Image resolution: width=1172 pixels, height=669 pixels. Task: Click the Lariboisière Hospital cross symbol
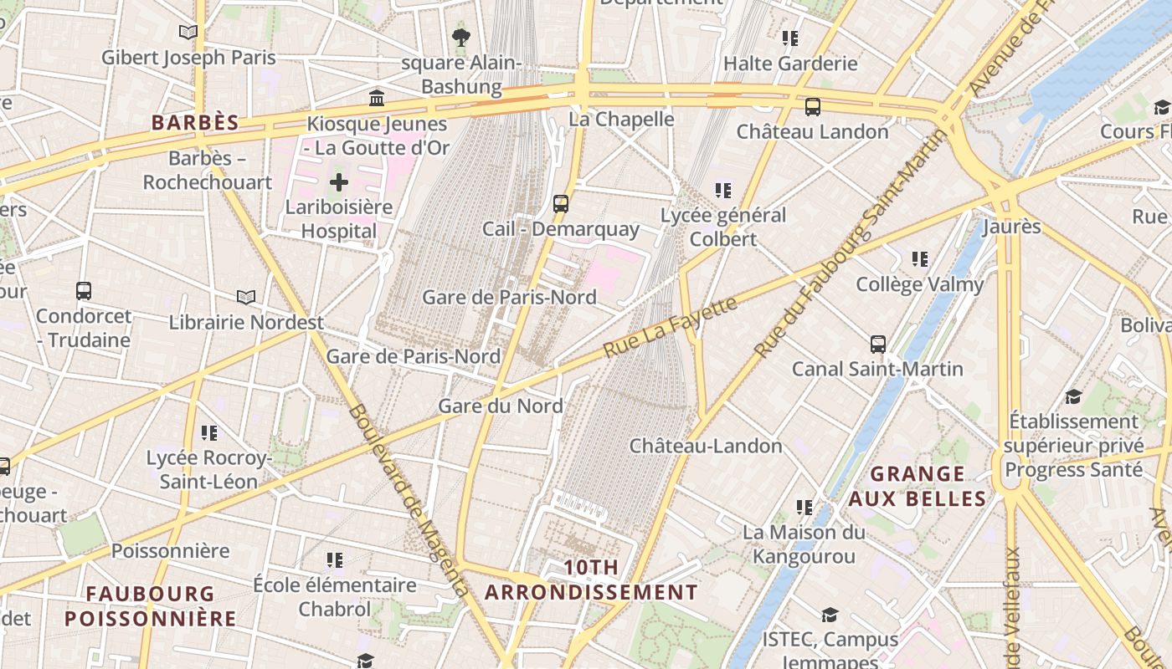[339, 181]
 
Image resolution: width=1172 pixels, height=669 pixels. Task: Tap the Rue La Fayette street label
[671, 327]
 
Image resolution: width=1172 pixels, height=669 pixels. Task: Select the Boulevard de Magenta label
[410, 502]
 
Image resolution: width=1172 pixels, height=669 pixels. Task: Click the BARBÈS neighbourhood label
[195, 122]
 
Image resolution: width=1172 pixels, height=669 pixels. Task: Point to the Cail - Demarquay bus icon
[561, 203]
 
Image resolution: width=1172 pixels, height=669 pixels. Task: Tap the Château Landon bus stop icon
[812, 107]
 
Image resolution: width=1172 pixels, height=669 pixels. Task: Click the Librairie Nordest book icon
[245, 297]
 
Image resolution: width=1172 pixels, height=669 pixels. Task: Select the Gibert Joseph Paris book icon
[188, 32]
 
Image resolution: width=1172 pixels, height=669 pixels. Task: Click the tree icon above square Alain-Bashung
[460, 37]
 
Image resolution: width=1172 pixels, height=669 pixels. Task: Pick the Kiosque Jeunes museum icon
[377, 99]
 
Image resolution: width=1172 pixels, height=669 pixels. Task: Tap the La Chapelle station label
[621, 119]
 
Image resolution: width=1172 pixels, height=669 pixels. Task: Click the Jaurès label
[1011, 227]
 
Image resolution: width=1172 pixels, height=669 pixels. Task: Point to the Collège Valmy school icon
[920, 259]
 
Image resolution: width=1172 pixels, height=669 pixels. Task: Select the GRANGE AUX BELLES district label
[917, 487]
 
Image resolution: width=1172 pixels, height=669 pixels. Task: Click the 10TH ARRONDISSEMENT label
[591, 580]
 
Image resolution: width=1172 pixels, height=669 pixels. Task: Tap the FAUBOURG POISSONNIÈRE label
[151, 606]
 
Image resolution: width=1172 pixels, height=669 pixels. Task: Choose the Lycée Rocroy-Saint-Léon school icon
[209, 432]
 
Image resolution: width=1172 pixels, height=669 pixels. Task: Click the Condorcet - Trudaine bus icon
[84, 291]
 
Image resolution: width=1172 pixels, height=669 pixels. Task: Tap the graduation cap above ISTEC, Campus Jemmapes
[830, 615]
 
